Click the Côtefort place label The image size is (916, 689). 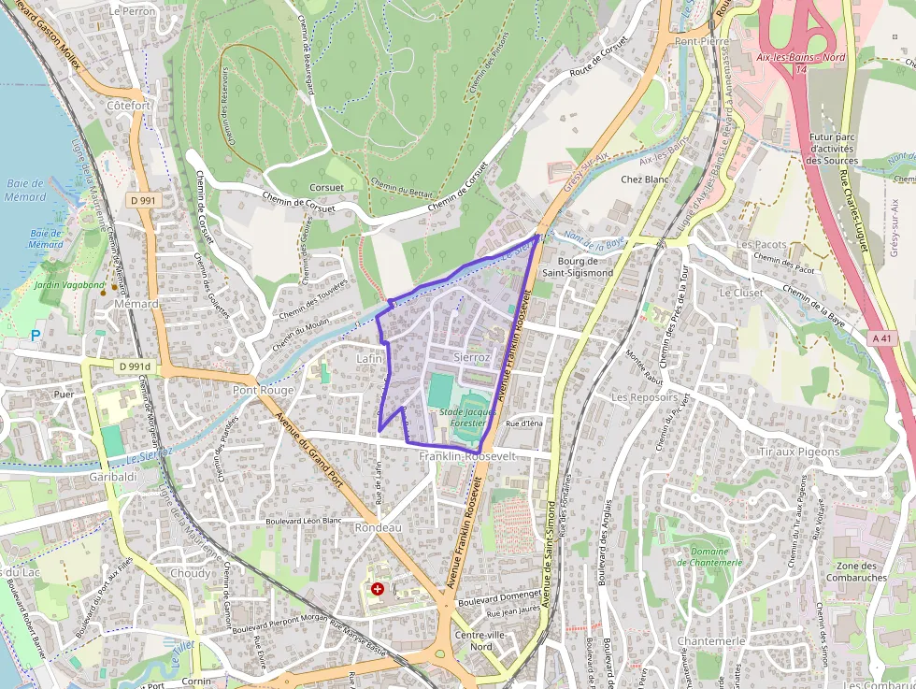pyautogui.click(x=128, y=106)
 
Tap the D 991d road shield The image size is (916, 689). pyautogui.click(x=135, y=366)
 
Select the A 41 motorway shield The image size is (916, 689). pyautogui.click(x=880, y=337)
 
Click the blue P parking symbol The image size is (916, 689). pyautogui.click(x=36, y=335)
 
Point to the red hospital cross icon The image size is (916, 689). pyautogui.click(x=378, y=589)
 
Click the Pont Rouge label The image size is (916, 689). pyautogui.click(x=263, y=390)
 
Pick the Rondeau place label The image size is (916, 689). pyautogui.click(x=378, y=527)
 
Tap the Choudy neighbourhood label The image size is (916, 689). pyautogui.click(x=191, y=573)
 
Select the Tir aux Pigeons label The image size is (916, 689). pyautogui.click(x=799, y=452)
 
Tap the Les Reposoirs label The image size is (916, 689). pyautogui.click(x=644, y=396)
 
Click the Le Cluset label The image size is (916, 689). pyautogui.click(x=741, y=292)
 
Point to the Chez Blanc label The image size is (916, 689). pyautogui.click(x=645, y=179)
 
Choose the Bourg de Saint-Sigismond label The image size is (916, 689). pyautogui.click(x=585, y=266)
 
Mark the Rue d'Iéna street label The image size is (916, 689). pyautogui.click(x=523, y=423)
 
